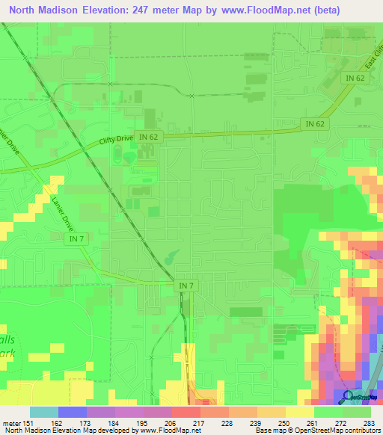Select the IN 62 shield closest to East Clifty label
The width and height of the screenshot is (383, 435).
(x=355, y=77)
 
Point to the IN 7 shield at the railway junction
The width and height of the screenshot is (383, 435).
(x=186, y=286)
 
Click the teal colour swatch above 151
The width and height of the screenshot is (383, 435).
(x=44, y=412)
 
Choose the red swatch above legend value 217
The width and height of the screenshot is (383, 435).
(x=186, y=412)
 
